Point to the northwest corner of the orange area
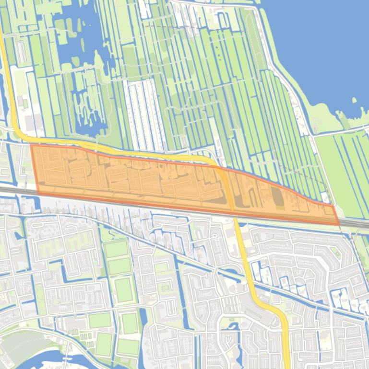pyautogui.click(x=31, y=145)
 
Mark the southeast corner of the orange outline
pyautogui.click(x=339, y=224)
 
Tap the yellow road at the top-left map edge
pyautogui.click(x=2, y=43)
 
